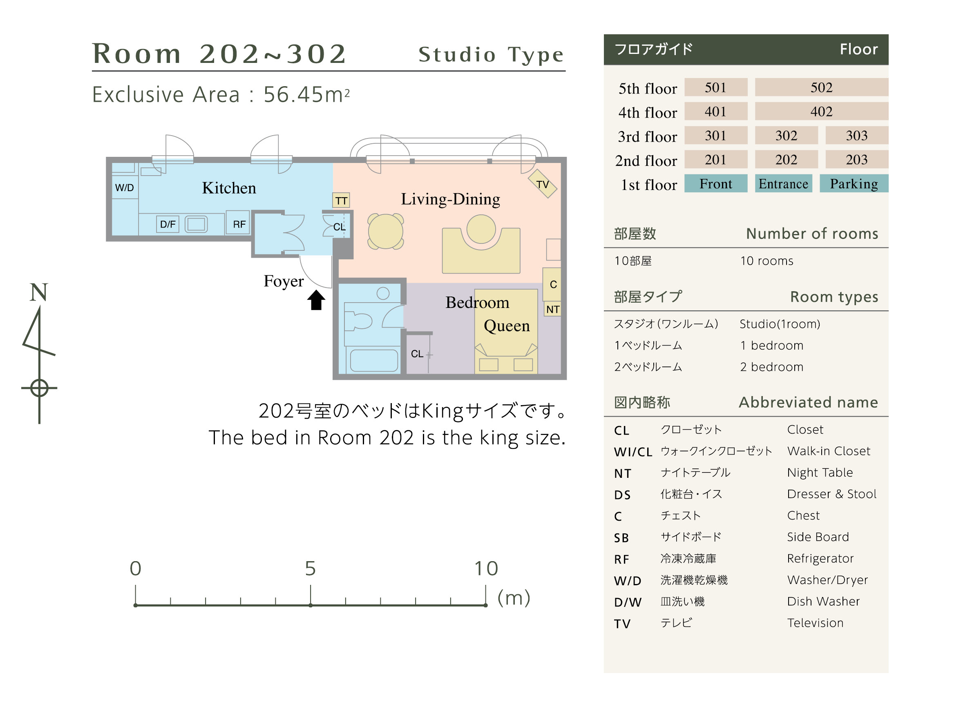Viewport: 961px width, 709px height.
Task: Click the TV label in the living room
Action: tap(543, 185)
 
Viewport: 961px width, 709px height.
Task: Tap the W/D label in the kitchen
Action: tap(125, 188)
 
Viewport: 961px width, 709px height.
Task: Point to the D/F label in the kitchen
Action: tap(168, 225)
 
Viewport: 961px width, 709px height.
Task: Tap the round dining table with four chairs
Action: tap(386, 232)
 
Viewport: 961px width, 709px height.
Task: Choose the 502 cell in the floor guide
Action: tap(822, 87)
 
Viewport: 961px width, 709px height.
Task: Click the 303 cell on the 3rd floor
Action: tap(858, 136)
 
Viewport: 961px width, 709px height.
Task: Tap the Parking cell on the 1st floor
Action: tap(854, 184)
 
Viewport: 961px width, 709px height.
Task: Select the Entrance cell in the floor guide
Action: tap(784, 184)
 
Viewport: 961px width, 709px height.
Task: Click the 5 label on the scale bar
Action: tap(311, 569)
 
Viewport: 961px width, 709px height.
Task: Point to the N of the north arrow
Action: tap(39, 293)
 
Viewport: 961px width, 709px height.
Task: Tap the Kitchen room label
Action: tap(229, 188)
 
